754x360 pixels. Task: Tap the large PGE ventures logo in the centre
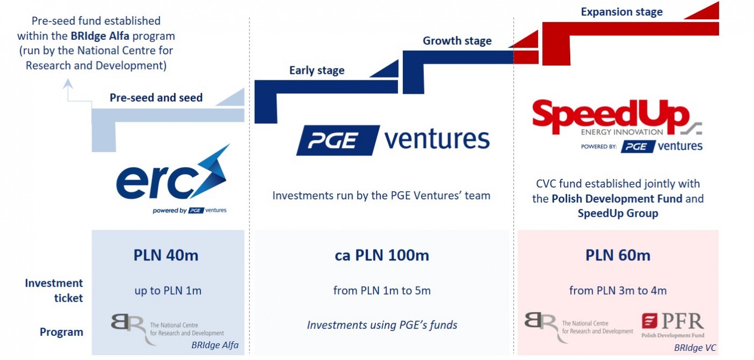click(393, 140)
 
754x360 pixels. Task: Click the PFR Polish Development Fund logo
click(673, 326)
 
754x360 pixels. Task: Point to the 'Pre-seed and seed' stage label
click(156, 98)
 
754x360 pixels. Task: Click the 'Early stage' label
click(317, 70)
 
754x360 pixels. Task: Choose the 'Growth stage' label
click(457, 41)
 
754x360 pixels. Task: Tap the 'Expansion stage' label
click(622, 11)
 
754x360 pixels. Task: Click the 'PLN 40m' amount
click(166, 254)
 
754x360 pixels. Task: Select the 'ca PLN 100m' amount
click(382, 254)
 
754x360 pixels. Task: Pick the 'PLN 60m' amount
click(618, 254)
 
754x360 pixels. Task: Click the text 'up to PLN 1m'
click(168, 290)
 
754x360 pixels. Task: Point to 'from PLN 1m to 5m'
click(382, 290)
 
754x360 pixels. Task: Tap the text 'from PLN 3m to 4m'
click(618, 290)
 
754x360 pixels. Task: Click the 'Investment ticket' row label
click(54, 290)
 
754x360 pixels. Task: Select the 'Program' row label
click(61, 332)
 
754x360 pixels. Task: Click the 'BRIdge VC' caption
click(695, 348)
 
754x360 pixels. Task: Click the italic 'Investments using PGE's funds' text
click(382, 324)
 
